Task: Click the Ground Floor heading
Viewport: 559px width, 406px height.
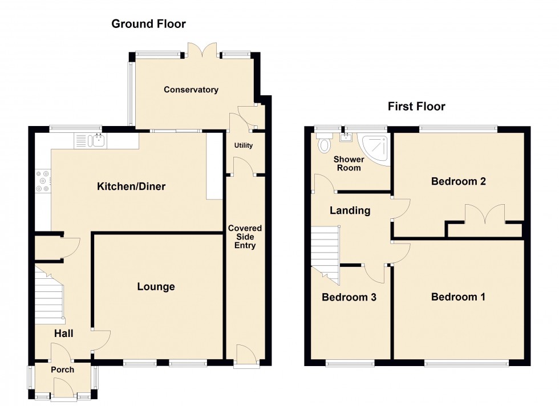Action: point(148,23)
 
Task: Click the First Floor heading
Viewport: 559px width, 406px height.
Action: point(416,106)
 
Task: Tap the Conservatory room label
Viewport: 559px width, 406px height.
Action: point(191,90)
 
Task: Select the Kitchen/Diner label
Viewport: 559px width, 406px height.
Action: point(131,186)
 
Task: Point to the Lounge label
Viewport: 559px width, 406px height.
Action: point(156,286)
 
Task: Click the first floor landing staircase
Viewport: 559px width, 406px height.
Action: point(325,251)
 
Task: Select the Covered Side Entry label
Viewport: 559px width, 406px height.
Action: point(245,237)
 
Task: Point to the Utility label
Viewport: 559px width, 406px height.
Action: point(243,145)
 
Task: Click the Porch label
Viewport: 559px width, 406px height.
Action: point(62,370)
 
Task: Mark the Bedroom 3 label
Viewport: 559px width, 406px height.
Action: point(349,297)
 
